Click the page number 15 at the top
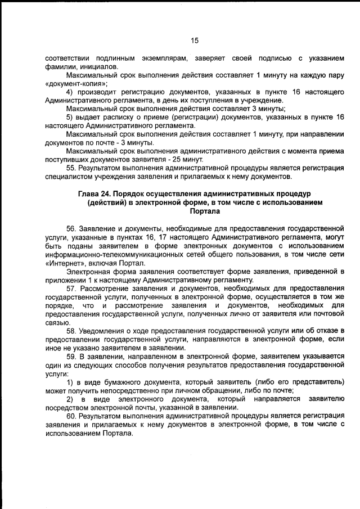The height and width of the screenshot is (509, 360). [x=195, y=40]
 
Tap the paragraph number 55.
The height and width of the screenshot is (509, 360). [x=72, y=168]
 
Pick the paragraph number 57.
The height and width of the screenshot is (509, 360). [x=72, y=289]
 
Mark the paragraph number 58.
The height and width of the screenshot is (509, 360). [x=72, y=330]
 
